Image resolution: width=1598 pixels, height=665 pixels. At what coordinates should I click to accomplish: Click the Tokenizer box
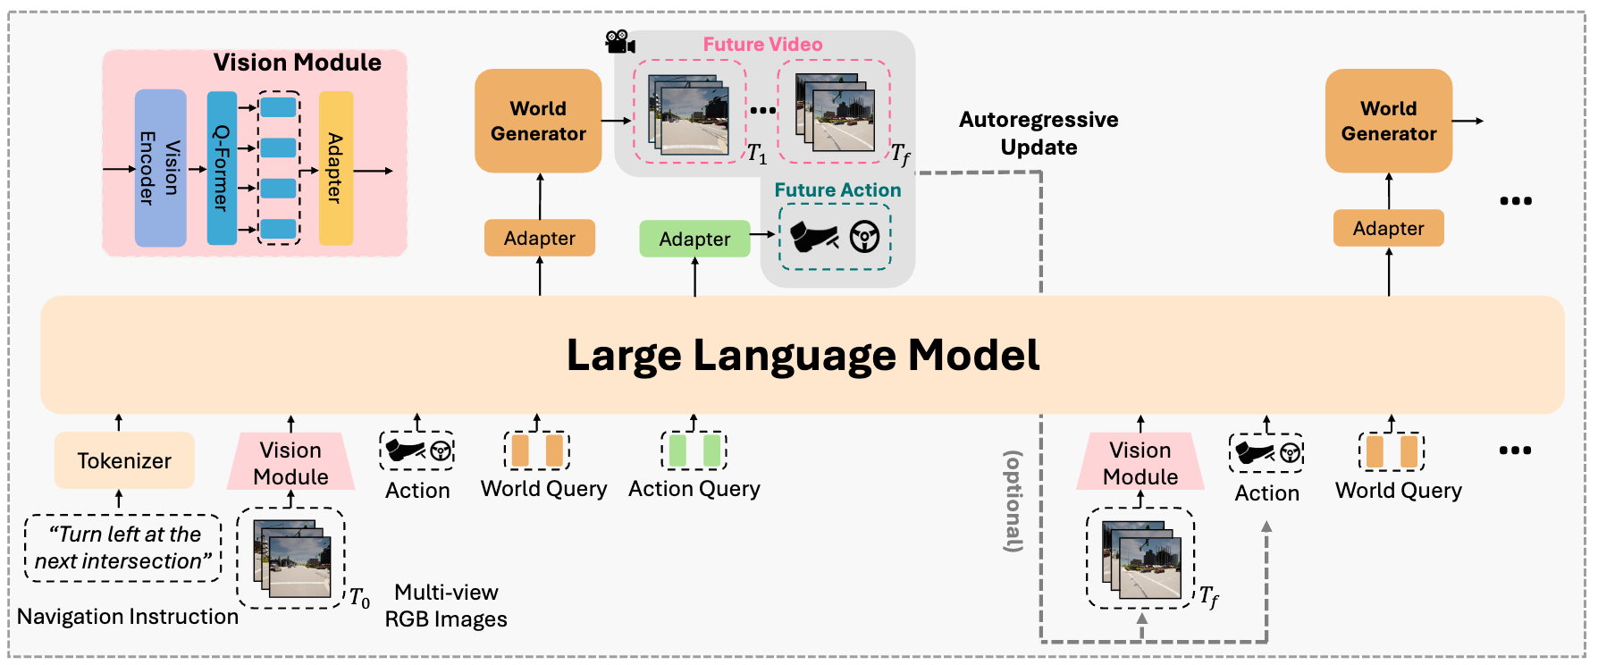(x=124, y=460)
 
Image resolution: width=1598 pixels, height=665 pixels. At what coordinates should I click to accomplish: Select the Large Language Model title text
(x=803, y=356)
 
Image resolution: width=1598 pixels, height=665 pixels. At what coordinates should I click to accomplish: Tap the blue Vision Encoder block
(x=161, y=168)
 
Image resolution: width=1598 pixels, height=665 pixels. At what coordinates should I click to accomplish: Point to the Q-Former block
(x=222, y=168)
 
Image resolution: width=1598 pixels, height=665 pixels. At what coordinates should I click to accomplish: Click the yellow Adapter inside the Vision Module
(x=336, y=168)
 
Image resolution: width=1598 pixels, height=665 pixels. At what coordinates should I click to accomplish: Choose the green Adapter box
(x=694, y=239)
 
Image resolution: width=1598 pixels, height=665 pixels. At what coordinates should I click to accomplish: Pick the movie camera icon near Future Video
(x=620, y=42)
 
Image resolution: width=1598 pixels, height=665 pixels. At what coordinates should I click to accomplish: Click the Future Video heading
(x=762, y=45)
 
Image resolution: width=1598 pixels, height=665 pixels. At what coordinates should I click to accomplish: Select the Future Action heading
(x=837, y=190)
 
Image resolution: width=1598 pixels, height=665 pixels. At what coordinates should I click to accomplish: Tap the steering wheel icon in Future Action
(x=864, y=237)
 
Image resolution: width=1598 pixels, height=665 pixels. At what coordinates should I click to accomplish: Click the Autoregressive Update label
(x=1039, y=133)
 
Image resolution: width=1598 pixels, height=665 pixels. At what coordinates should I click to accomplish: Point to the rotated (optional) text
(x=1013, y=501)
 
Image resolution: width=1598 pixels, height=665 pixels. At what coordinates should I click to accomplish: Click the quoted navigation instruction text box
(x=122, y=548)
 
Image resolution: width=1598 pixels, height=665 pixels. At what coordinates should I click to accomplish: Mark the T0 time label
(x=359, y=597)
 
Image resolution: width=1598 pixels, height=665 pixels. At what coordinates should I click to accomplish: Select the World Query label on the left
(x=543, y=489)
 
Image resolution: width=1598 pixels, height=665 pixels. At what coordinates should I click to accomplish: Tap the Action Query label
(x=694, y=489)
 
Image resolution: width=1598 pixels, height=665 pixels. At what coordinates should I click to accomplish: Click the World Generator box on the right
(x=1389, y=121)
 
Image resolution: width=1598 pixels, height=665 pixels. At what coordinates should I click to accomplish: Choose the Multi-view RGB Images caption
(x=446, y=605)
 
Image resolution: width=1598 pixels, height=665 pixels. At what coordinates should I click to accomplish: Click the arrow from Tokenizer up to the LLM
(x=119, y=423)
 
